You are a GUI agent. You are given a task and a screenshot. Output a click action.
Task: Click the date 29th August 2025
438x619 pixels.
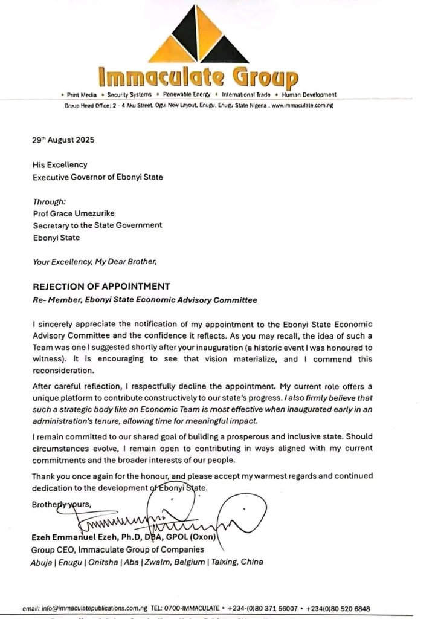62,139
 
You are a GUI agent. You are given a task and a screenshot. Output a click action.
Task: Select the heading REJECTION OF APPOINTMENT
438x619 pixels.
101,286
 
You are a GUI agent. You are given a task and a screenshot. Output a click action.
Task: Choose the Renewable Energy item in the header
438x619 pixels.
186,95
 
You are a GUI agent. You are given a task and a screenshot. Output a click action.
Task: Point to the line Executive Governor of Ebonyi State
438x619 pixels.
98,177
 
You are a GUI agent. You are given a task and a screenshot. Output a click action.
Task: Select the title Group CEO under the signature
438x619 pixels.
52,549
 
